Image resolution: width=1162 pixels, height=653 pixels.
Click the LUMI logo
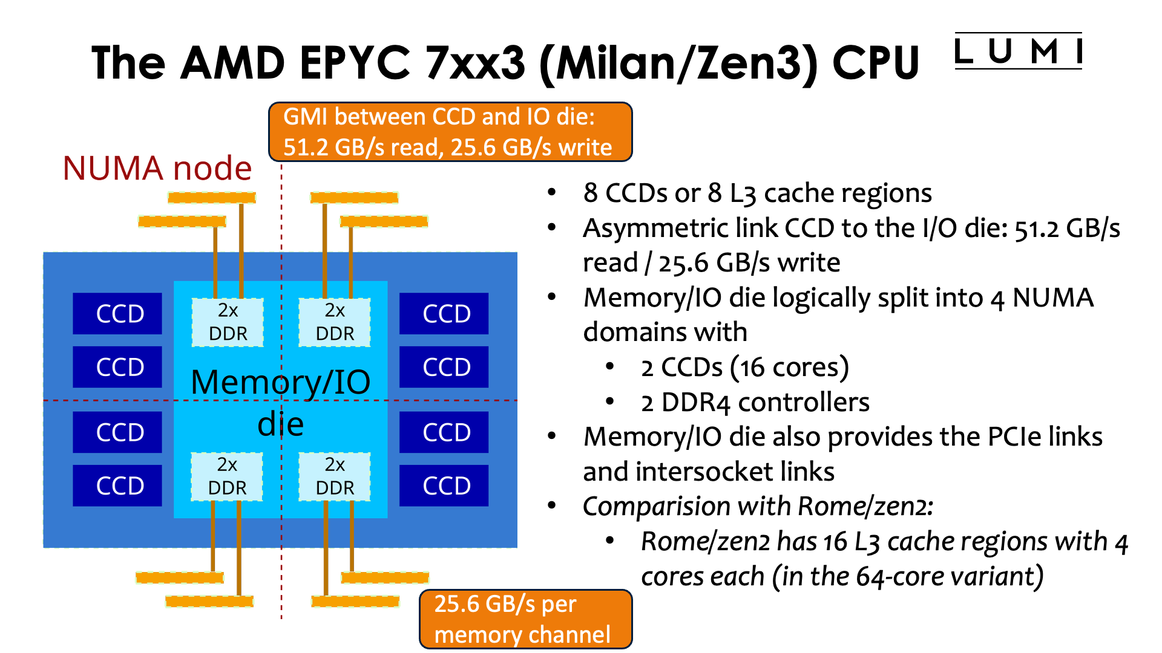click(x=1018, y=51)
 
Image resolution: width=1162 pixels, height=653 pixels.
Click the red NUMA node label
click(x=157, y=168)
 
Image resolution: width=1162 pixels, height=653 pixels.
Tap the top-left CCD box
click(x=117, y=314)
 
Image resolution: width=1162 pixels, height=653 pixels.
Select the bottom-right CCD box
click(x=444, y=486)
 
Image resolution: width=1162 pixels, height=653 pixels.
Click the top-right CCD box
click(x=444, y=314)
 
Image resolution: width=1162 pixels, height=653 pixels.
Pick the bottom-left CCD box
click(x=117, y=486)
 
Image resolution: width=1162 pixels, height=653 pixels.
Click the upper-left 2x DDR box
click(x=228, y=322)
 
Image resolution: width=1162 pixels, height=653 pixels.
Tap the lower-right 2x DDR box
click(x=334, y=476)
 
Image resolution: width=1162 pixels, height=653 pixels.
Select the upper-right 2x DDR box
click(x=334, y=322)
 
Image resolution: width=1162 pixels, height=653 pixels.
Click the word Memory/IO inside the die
click(x=280, y=382)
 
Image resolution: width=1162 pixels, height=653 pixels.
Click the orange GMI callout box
click(x=450, y=132)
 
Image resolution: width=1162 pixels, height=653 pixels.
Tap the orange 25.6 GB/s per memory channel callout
click(x=525, y=619)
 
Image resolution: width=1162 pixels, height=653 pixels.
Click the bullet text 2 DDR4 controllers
click(x=755, y=403)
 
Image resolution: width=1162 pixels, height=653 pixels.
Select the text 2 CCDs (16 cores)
click(x=744, y=368)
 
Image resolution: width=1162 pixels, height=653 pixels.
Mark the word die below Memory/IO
click(x=280, y=424)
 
